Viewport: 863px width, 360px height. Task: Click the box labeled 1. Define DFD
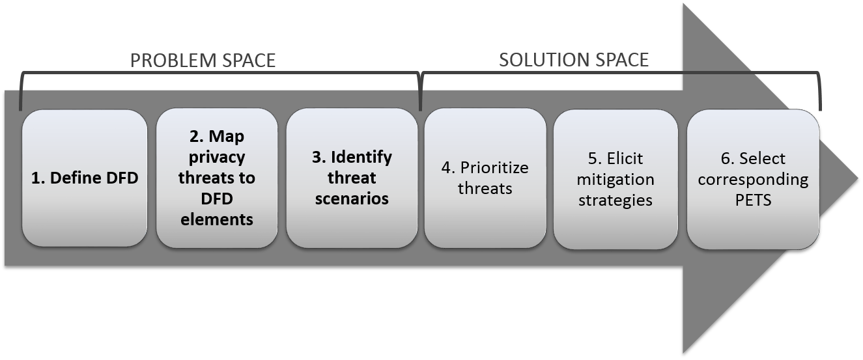click(x=85, y=178)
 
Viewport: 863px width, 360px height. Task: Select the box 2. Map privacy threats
click(x=218, y=178)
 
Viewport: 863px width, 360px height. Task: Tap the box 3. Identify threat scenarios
click(x=352, y=178)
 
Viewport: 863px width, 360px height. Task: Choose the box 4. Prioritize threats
click(x=485, y=178)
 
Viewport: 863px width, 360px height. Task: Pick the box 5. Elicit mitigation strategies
click(x=615, y=178)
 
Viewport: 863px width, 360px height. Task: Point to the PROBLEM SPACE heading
click(x=203, y=61)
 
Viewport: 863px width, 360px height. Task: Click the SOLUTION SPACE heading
click(x=574, y=60)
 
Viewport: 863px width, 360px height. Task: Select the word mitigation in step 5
click(x=615, y=179)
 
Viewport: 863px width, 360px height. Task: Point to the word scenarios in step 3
click(x=352, y=198)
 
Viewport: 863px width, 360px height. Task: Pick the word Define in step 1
click(x=74, y=178)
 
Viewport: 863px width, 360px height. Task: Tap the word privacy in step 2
click(x=218, y=158)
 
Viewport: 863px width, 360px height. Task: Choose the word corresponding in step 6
click(x=752, y=180)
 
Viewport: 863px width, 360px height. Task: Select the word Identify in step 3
click(x=361, y=158)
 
